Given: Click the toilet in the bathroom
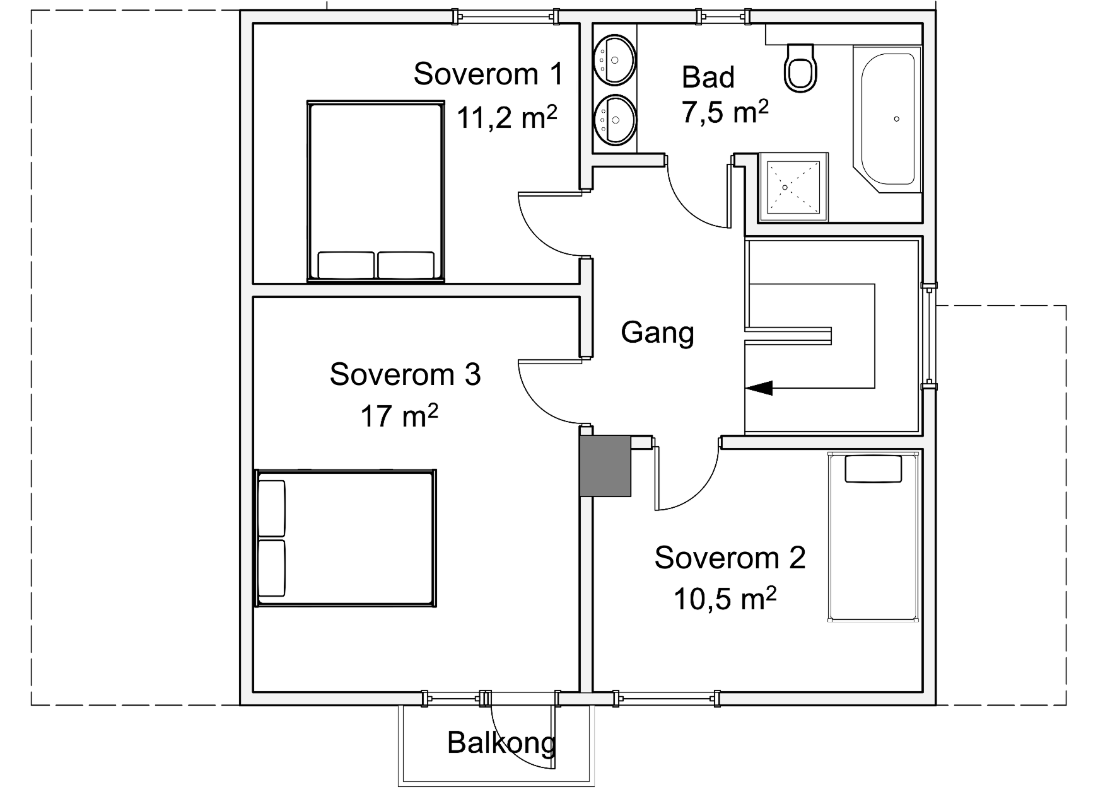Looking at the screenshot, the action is tap(801, 67).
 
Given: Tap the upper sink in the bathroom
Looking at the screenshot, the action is tap(615, 59).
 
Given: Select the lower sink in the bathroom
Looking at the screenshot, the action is tap(615, 120).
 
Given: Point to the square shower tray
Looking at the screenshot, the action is tap(793, 187).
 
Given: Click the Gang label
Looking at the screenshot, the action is tap(657, 333).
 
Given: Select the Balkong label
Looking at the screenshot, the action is tap(501, 743).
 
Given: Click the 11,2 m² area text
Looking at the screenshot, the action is tap(507, 117).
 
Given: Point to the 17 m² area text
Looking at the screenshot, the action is tap(399, 416).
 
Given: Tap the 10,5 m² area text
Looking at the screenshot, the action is tap(725, 599).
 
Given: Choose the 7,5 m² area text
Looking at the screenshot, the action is tap(725, 112).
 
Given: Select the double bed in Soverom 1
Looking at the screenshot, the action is tap(375, 191).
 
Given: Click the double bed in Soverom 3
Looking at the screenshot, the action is tap(346, 539).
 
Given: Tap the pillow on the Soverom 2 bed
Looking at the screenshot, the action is tap(873, 469).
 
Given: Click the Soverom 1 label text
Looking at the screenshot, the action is tap(488, 74).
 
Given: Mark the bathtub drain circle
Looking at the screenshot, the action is tap(897, 118).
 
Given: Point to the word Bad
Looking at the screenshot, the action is tap(708, 77).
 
